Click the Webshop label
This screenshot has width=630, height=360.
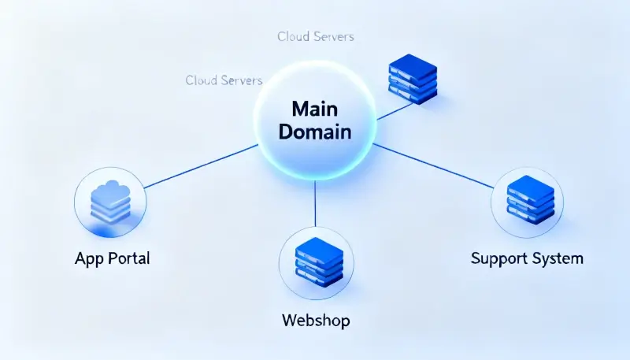point(315,321)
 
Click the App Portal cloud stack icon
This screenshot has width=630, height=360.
point(109,202)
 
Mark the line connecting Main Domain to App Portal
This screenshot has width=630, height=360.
point(201,167)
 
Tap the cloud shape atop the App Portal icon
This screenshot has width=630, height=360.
point(109,188)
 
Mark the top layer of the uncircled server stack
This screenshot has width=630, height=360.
point(413,63)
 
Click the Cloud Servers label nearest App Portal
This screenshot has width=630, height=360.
point(224,80)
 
